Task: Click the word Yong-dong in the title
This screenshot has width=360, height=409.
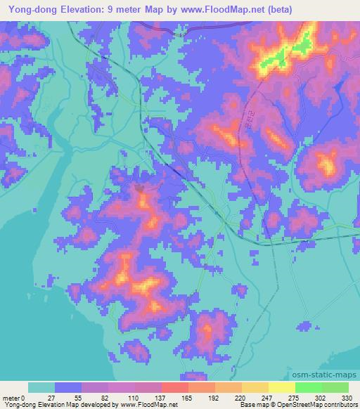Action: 31,9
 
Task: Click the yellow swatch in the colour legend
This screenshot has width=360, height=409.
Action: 255,387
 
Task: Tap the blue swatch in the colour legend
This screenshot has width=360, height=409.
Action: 68,387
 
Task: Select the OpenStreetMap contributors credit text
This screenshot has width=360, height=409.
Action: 316,405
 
